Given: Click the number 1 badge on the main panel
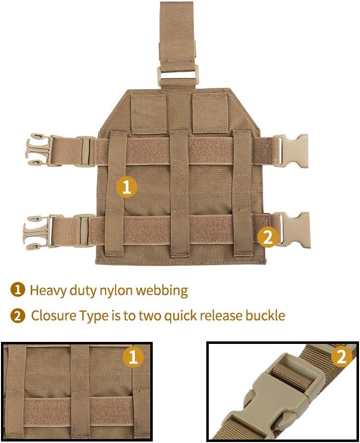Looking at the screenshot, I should tap(126, 187).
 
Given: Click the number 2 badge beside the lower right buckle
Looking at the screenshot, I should tap(268, 237).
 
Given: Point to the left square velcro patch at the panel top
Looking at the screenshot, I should tap(148, 113).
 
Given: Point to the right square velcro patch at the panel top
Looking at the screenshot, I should tap(209, 113).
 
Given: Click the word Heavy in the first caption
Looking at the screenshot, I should tap(46, 290).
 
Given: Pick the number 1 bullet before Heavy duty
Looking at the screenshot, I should tap(18, 290).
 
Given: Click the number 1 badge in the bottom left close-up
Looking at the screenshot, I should tap(132, 357).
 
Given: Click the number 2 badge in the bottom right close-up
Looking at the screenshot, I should tap(342, 357).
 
